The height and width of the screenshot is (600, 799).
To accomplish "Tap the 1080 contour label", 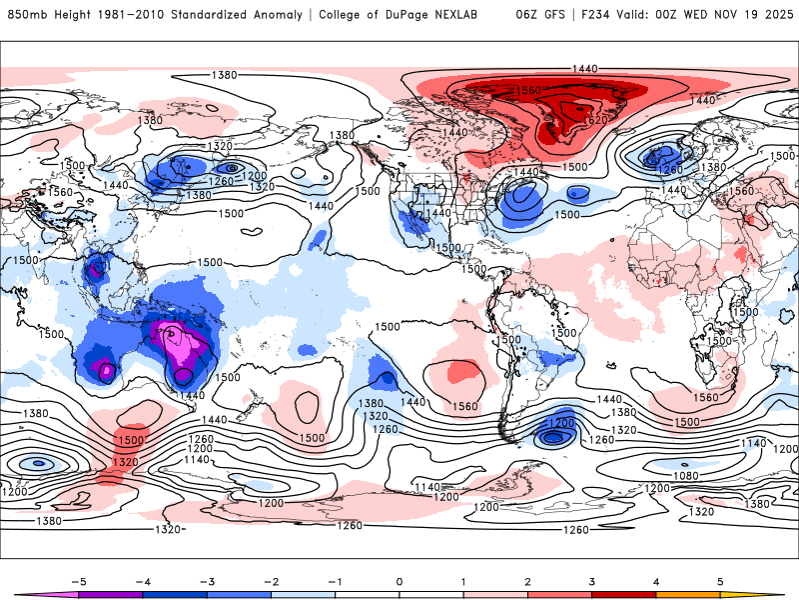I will coord(685,475).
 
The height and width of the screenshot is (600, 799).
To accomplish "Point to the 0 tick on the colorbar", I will coord(399,580).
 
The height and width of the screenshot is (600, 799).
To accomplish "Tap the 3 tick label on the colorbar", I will coord(592,580).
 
